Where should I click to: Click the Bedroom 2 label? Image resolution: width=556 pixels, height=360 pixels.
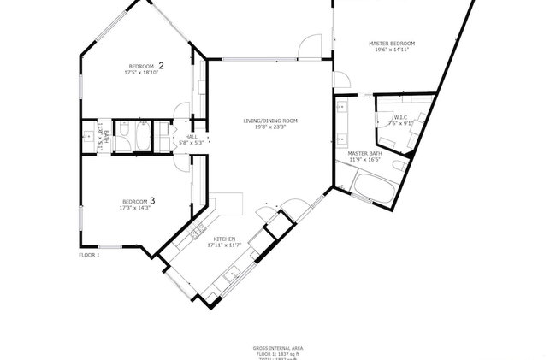click(146, 65)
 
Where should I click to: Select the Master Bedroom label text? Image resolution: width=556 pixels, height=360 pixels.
click(391, 43)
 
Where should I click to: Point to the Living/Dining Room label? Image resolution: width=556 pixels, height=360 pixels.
click(270, 121)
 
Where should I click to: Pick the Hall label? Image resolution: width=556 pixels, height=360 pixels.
click(191, 136)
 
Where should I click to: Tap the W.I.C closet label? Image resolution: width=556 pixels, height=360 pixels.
click(399, 116)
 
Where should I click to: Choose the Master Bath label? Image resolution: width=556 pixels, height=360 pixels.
click(364, 153)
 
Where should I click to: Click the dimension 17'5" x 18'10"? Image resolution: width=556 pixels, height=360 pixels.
click(141, 73)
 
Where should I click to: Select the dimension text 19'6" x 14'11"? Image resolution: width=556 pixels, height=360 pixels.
click(391, 50)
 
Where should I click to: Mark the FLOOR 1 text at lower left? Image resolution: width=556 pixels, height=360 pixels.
click(89, 255)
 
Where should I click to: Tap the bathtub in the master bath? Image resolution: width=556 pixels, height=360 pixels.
click(371, 188)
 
